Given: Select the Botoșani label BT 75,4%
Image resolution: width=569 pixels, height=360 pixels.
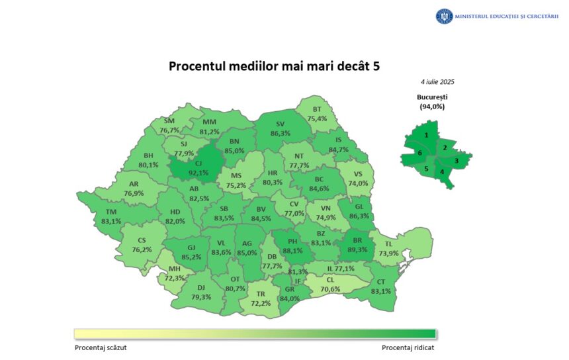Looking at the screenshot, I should pyautogui.click(x=317, y=114).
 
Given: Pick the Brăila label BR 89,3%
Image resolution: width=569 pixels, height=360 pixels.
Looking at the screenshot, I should pyautogui.click(x=357, y=246).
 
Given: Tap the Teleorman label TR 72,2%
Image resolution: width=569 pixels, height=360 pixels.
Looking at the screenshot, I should pyautogui.click(x=261, y=298).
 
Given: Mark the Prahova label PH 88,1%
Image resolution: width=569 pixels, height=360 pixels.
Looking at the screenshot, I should pyautogui.click(x=292, y=246).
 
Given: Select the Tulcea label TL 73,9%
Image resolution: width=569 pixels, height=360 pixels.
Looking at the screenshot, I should pyautogui.click(x=389, y=249).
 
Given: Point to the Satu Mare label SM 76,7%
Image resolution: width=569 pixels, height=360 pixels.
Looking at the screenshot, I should pyautogui.click(x=169, y=126).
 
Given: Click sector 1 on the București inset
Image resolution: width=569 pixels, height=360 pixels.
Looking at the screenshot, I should pyautogui.click(x=427, y=135).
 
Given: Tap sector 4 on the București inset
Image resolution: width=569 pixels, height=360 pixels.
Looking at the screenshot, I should pyautogui.click(x=442, y=172).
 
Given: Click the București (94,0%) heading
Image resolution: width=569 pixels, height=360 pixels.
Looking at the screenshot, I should pyautogui.click(x=431, y=101).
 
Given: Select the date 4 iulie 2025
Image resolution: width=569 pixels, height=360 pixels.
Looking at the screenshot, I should pyautogui.click(x=437, y=82).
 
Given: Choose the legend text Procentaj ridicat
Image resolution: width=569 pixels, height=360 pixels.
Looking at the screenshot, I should pyautogui.click(x=408, y=347).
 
